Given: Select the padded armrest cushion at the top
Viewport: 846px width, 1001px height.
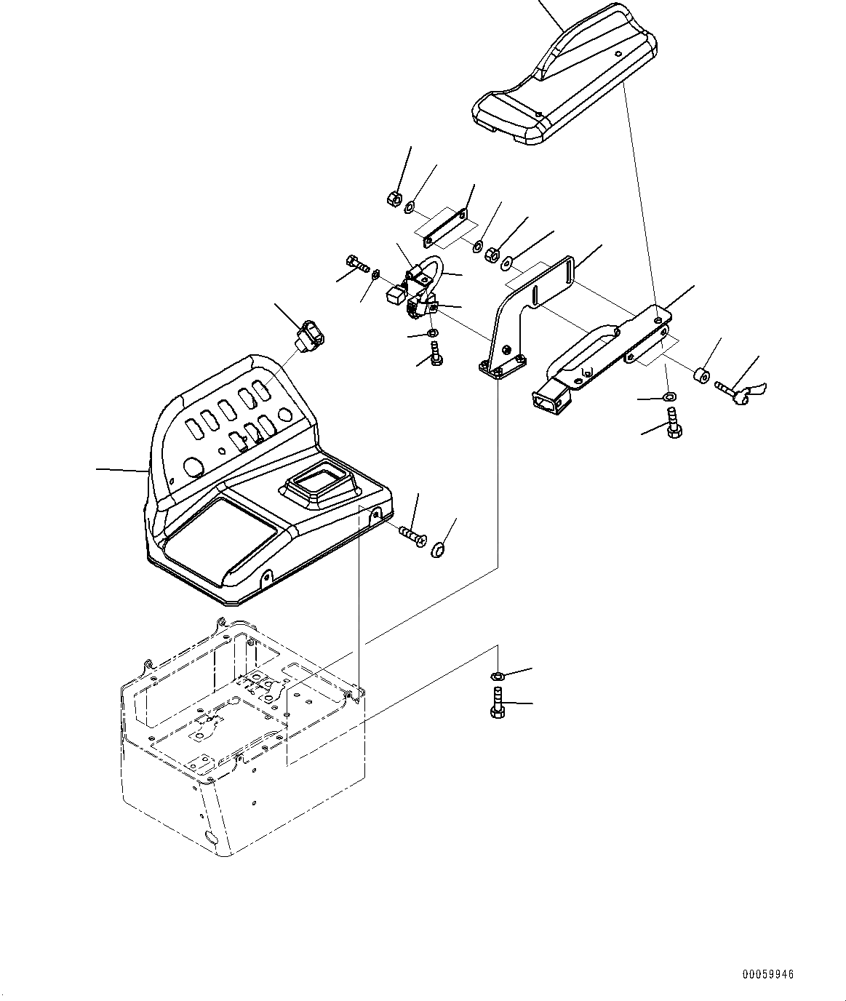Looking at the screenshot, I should pyautogui.click(x=567, y=80).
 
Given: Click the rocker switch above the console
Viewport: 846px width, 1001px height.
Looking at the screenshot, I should pyautogui.click(x=308, y=336).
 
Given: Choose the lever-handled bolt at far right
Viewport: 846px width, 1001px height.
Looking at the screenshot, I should pyautogui.click(x=736, y=392).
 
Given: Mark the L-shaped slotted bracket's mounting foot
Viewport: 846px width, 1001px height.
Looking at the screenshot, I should pyautogui.click(x=502, y=367).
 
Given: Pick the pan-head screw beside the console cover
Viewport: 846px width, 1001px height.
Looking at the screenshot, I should pyautogui.click(x=412, y=537).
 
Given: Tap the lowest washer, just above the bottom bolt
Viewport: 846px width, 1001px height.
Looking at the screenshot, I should pyautogui.click(x=497, y=677).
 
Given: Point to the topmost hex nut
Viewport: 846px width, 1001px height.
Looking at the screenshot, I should pyautogui.click(x=391, y=198).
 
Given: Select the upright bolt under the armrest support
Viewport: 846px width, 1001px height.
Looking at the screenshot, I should pyautogui.click(x=672, y=423).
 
